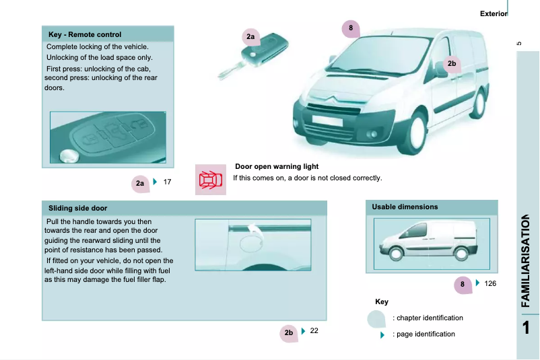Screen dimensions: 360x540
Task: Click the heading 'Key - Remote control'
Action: click(85, 34)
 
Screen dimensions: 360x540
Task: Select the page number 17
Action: click(168, 182)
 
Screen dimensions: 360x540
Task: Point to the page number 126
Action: click(490, 284)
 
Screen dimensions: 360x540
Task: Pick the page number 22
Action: click(314, 331)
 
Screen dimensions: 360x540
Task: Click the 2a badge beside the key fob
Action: click(250, 36)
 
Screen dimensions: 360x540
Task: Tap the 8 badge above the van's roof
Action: click(351, 28)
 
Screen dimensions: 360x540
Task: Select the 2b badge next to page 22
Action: click(289, 332)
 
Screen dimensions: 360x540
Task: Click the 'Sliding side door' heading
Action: click(78, 208)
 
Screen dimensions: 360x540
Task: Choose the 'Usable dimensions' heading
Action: click(405, 207)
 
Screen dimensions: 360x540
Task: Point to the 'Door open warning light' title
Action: click(276, 166)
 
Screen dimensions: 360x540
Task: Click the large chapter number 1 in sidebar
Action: click(529, 328)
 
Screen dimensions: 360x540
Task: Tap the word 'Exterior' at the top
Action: click(493, 13)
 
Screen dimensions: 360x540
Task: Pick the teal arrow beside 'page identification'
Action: click(382, 334)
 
